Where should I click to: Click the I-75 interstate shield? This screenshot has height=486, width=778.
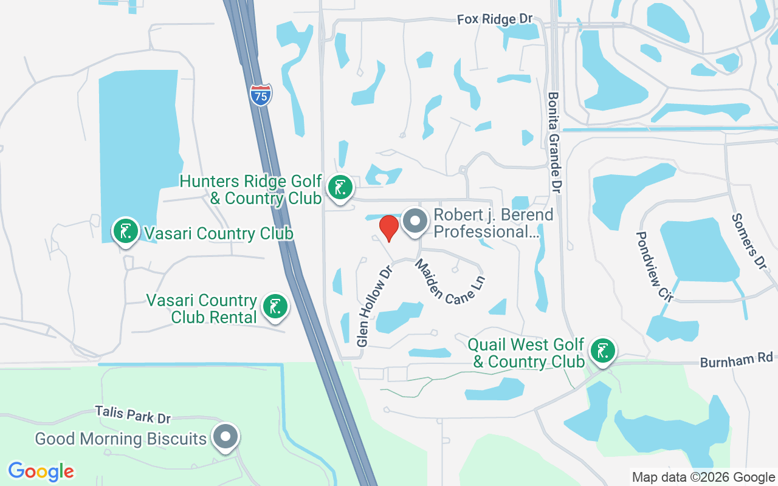261,95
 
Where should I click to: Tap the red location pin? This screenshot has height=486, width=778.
389,228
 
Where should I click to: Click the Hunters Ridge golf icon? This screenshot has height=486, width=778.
340,187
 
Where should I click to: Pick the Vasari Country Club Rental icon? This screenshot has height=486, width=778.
275,307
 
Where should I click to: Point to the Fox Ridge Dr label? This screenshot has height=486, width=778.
495,19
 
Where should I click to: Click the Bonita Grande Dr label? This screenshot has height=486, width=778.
554,143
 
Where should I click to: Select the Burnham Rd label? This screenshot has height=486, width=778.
735,361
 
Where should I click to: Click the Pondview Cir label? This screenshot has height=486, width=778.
655,266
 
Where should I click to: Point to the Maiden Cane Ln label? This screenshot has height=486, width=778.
450,282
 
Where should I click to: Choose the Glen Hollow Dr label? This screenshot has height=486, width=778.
372,305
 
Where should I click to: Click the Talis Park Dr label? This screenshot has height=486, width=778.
133,414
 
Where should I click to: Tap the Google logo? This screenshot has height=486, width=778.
41,471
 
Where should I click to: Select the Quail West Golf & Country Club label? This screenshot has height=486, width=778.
526,354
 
